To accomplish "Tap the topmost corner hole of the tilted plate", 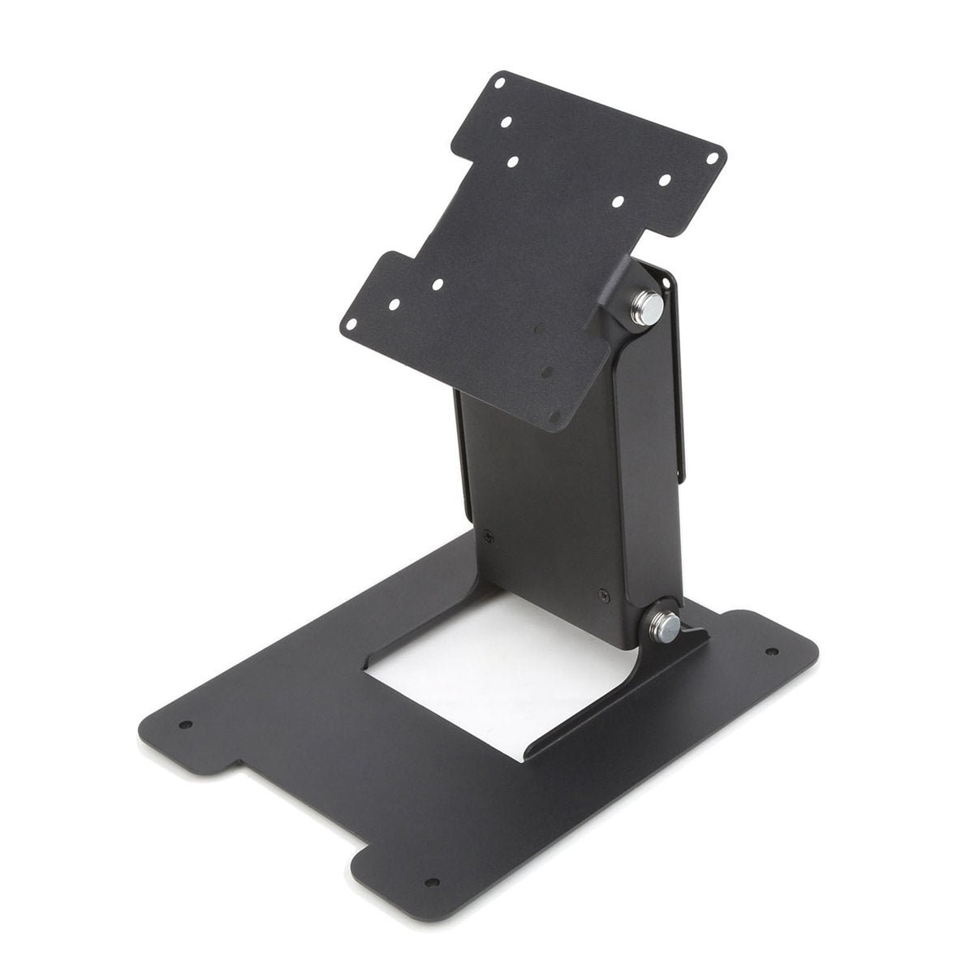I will click(x=500, y=82).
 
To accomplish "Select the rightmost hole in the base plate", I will click(x=772, y=651).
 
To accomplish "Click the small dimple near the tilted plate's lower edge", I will click(x=545, y=373).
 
